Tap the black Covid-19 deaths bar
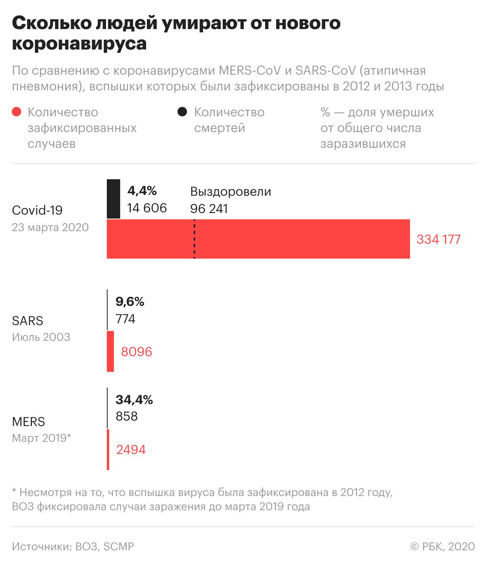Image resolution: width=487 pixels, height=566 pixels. (x=114, y=199)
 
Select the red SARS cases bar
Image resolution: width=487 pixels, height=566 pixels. (x=110, y=351)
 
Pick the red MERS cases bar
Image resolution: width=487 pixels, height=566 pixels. (x=108, y=450)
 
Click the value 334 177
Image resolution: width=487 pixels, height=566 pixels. (x=438, y=239)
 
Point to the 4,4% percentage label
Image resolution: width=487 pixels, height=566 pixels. (x=142, y=191)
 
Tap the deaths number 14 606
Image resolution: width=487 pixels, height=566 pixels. (x=147, y=208)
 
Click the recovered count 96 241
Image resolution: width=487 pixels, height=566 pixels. (x=209, y=209)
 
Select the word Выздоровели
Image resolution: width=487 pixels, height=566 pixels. (x=231, y=191)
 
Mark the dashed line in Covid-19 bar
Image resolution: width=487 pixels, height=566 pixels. (x=194, y=239)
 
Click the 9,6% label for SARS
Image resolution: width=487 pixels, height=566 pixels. (x=130, y=301)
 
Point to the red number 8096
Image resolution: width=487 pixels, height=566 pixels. (x=136, y=352)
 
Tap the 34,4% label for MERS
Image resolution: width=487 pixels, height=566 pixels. (x=134, y=400)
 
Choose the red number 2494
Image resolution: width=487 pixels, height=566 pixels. (x=131, y=450)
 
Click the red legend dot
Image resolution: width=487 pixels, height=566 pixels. (x=16, y=112)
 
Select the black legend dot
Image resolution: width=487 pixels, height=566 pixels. (x=182, y=112)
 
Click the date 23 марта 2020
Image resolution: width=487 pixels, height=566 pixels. (x=50, y=228)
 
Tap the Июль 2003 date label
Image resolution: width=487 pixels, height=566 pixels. (x=41, y=337)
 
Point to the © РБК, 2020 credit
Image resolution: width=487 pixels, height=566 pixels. (x=443, y=546)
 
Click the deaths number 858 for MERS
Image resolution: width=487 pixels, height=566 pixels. (x=126, y=416)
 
